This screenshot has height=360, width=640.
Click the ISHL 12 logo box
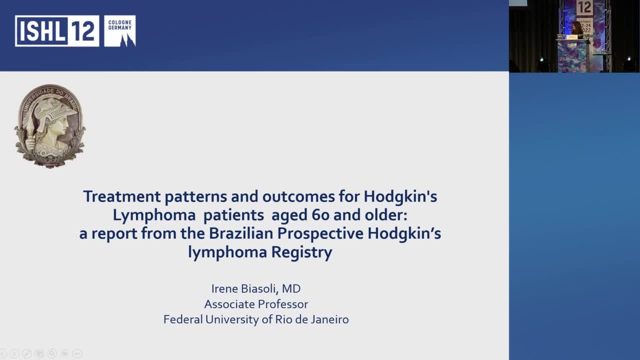tap(56, 31)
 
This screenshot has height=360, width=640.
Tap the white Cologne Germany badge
tap(120, 31)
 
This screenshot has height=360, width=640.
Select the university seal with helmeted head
tap(50, 126)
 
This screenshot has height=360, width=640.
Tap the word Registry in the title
tap(302, 252)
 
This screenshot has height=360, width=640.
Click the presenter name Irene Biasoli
tap(244, 288)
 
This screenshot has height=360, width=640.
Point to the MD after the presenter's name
tap(291, 288)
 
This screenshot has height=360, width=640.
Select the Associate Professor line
tap(256, 304)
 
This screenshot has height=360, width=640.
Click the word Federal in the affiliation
tap(183, 319)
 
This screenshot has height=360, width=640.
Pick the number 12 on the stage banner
tap(584, 8)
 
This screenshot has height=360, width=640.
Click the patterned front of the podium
tap(573, 56)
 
